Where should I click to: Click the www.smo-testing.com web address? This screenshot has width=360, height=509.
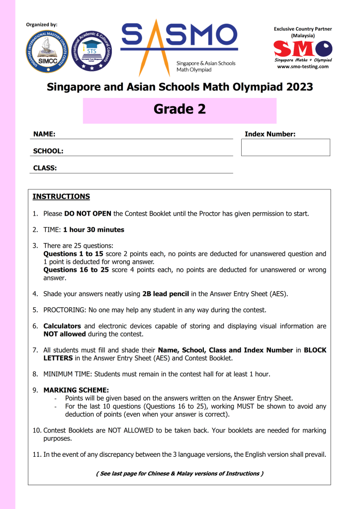[x=303, y=67]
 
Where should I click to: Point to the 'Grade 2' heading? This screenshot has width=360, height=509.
[x=180, y=109]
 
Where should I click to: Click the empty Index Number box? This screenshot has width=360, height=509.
[x=285, y=147]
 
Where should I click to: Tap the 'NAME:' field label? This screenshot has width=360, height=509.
[x=44, y=134]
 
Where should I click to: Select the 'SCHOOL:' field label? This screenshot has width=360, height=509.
[x=48, y=151]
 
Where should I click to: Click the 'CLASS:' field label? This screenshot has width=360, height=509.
[x=45, y=168]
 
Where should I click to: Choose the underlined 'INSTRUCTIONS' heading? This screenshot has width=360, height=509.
[x=61, y=196]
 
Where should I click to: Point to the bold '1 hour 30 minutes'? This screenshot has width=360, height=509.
[x=93, y=230]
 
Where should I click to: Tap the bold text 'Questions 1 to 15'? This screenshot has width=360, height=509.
[x=74, y=254]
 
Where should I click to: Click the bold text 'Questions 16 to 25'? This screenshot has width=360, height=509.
[x=77, y=270]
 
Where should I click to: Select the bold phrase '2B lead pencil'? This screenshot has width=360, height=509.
[x=167, y=294]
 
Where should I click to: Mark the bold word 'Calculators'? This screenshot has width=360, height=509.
[x=62, y=326]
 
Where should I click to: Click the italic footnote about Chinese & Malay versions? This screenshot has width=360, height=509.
[x=179, y=473]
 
